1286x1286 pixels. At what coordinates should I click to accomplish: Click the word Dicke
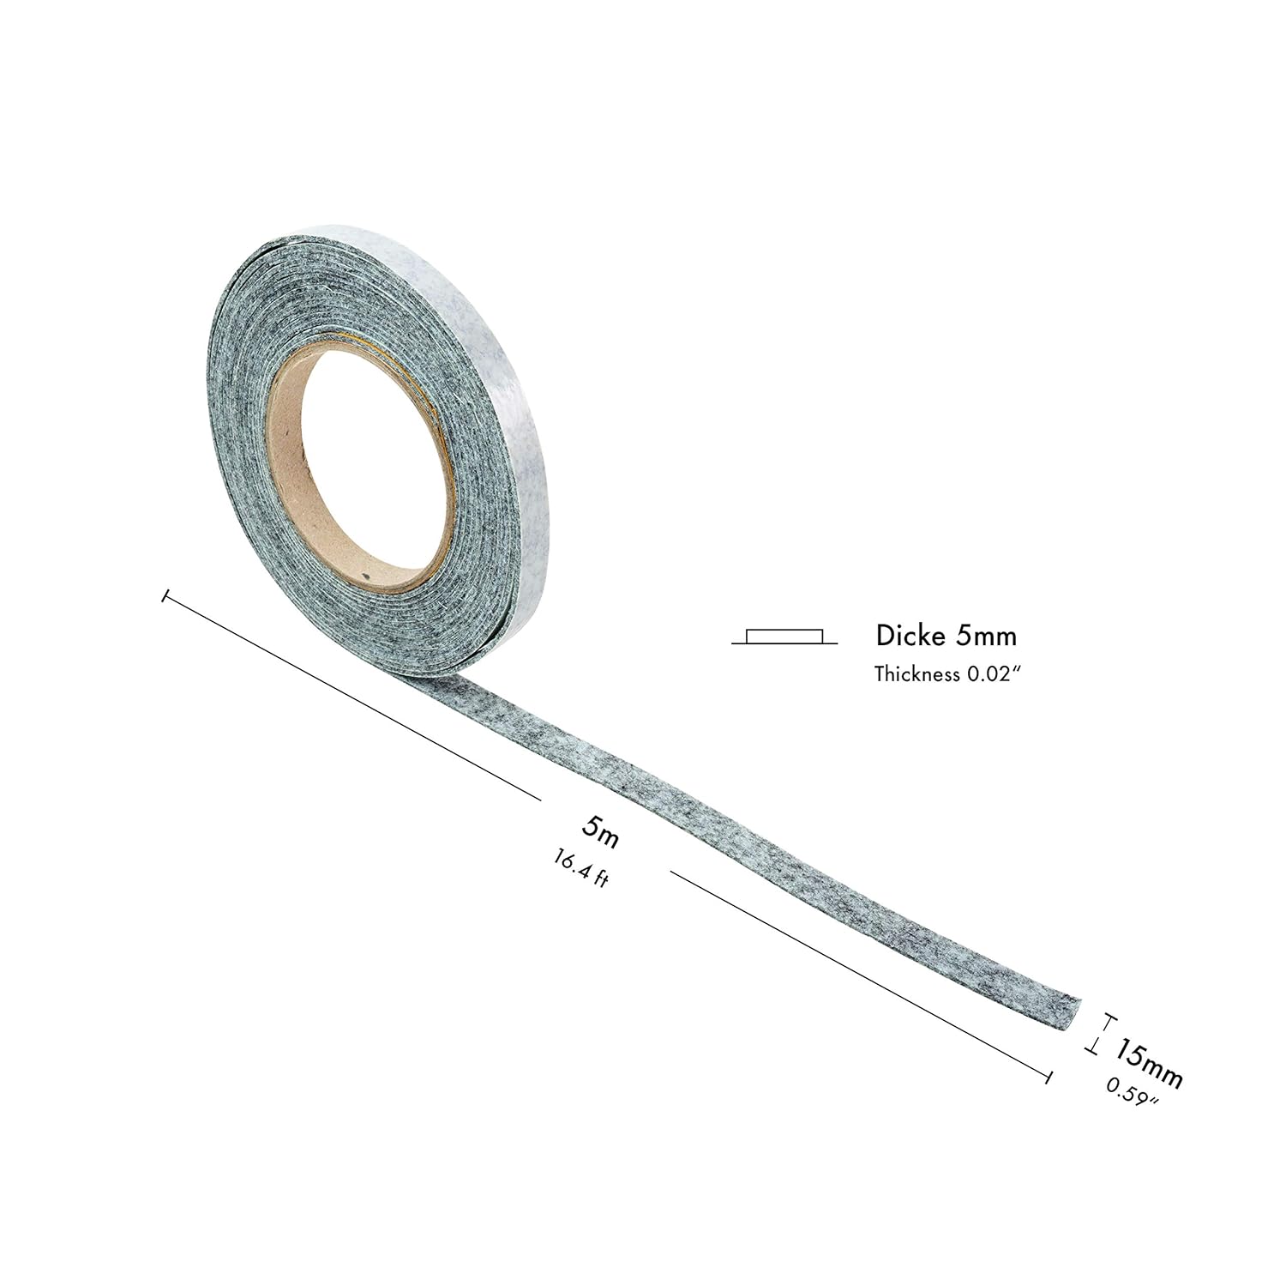point(910,636)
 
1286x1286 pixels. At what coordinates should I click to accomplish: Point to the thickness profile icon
point(784,637)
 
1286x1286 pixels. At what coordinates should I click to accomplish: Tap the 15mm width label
point(1149,1064)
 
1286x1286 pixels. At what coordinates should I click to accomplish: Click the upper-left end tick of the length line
point(163,595)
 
